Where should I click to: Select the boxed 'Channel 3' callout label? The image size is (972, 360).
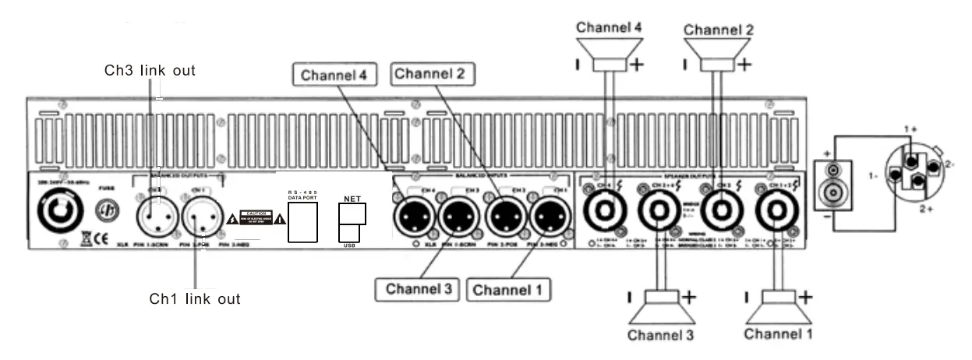point(418,289)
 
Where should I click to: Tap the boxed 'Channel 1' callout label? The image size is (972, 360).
point(509,290)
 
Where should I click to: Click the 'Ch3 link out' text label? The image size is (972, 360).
point(150,70)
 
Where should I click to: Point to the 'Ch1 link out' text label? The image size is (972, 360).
point(194,298)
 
